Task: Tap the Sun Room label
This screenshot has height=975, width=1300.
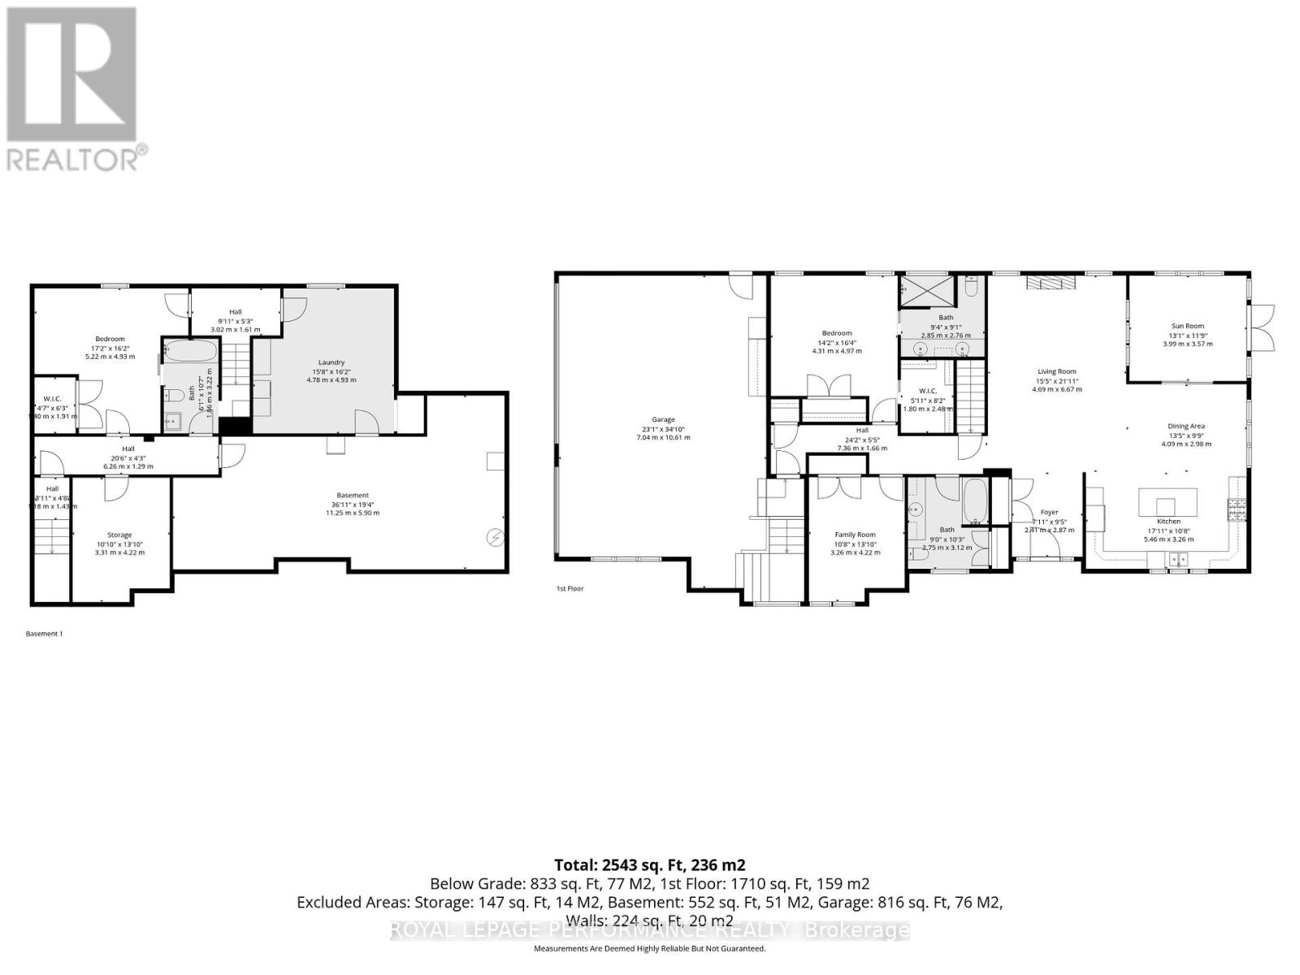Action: pyautogui.click(x=1187, y=326)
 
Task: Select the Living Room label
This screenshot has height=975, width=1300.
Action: pyautogui.click(x=1055, y=371)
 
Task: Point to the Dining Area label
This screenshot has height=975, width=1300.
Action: pyautogui.click(x=1185, y=426)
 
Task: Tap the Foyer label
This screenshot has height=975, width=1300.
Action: pyautogui.click(x=1049, y=512)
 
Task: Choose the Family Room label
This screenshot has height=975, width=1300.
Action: pyautogui.click(x=855, y=535)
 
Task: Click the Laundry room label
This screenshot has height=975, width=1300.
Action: pyautogui.click(x=331, y=362)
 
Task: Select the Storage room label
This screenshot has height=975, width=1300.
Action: pyautogui.click(x=119, y=535)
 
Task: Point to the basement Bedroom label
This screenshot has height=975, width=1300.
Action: pyautogui.click(x=110, y=339)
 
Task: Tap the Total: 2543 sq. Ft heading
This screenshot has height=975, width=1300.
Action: pyautogui.click(x=649, y=864)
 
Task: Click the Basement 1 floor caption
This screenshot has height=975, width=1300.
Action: pyautogui.click(x=45, y=634)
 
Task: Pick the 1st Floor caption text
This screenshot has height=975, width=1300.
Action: pyautogui.click(x=570, y=588)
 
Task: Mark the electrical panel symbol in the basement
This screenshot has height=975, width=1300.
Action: pyautogui.click(x=493, y=537)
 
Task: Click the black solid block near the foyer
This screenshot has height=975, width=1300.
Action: pyautogui.click(x=996, y=474)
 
